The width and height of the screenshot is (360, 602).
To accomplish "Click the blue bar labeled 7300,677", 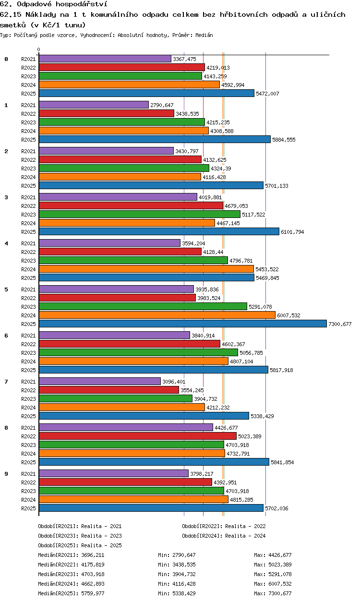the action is pos(183,324).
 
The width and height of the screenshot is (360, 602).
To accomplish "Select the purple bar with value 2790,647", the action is pos(94,105).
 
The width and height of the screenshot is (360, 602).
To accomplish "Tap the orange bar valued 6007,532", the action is pos(157,315).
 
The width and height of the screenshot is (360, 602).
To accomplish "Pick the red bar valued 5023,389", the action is pos(138,436).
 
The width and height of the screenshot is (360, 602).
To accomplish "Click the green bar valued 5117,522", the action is pos(140,214).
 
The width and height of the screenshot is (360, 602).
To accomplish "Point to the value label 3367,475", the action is pos(185,59).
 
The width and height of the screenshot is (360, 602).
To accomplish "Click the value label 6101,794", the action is pos(292,232).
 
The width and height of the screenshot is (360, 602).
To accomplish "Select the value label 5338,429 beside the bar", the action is pos(262,416).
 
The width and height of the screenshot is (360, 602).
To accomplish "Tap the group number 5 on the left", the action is pos(6,289).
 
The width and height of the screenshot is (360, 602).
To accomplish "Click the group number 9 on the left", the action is pos(6,474).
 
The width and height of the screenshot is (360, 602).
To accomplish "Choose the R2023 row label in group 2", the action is pos(28,169).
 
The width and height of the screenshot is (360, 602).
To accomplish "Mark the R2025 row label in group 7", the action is pos(28,416).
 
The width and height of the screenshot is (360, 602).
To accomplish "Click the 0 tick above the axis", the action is pos(39,49).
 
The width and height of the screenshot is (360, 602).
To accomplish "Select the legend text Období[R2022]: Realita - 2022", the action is pos(224,526).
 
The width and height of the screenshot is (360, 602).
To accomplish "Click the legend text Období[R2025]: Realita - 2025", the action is pos(80,545).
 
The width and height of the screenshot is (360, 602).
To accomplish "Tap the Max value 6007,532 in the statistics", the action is pos(280,584).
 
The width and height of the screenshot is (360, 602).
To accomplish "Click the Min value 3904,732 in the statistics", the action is pos(184,574).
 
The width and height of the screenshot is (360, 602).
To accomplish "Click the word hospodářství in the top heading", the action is pos(82,4).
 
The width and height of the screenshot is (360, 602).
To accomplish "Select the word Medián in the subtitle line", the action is pos(204,35).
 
